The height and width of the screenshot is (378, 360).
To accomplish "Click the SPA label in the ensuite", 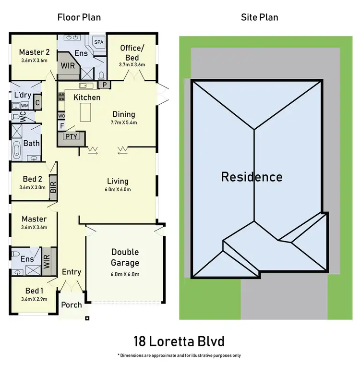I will [x=98, y=42].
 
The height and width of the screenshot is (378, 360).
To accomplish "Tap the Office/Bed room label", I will [x=132, y=53].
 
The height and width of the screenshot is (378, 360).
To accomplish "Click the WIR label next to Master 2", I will [x=68, y=65].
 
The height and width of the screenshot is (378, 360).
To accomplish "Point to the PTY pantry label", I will [x=71, y=136].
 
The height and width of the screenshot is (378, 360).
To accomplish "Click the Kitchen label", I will [x=87, y=98].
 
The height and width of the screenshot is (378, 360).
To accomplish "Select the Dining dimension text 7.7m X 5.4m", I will [x=124, y=122].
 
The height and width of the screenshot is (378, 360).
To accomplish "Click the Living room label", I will [x=118, y=181].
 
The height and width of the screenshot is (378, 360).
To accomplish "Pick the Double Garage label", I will [x=125, y=257].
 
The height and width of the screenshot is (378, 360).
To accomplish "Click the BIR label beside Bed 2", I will [x=53, y=184].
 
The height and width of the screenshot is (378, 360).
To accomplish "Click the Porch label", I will [x=72, y=305].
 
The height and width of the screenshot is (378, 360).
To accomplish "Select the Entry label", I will [x=72, y=272].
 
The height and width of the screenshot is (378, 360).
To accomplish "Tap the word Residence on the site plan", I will [x=252, y=177].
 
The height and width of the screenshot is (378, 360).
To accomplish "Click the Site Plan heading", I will [x=259, y=18].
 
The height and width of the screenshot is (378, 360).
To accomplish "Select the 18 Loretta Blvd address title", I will [x=179, y=342].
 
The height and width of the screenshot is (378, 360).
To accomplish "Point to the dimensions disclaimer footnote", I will [x=179, y=356].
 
